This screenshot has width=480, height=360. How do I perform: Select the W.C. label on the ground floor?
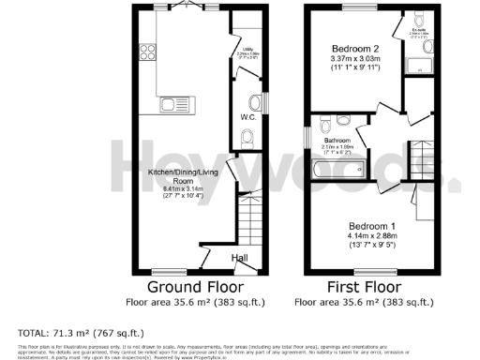248,118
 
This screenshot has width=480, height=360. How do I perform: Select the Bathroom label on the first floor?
337,141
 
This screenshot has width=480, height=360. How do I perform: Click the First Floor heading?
364,287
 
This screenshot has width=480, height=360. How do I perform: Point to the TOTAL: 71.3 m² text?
78,333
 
